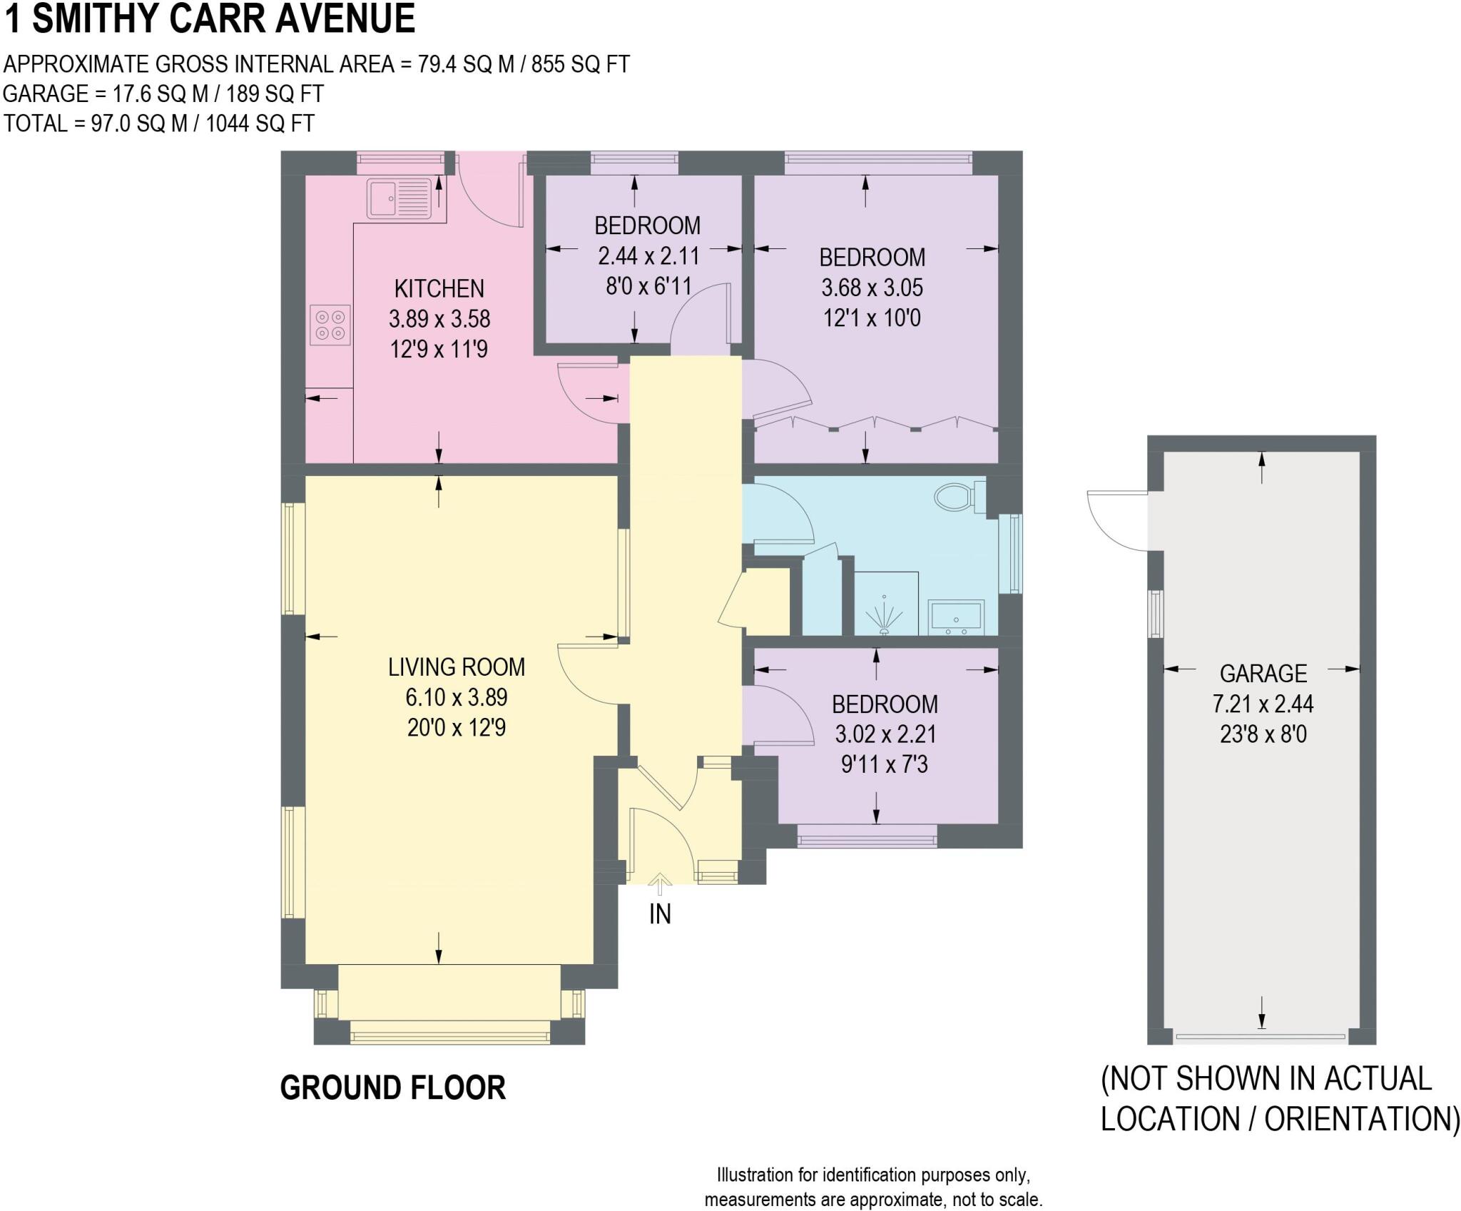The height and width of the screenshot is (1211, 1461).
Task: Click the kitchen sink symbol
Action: [399, 198]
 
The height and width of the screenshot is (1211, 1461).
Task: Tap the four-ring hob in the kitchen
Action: [330, 325]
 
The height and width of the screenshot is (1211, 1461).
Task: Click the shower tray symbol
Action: [885, 604]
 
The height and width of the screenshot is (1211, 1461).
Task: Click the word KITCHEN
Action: [439, 288]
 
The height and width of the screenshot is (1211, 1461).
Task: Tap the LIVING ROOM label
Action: [457, 667]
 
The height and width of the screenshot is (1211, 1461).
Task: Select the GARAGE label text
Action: [1263, 673]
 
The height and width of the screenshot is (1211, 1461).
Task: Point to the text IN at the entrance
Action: [660, 914]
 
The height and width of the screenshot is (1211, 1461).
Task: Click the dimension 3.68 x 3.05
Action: [872, 288]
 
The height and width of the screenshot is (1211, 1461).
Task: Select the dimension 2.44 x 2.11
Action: [648, 255]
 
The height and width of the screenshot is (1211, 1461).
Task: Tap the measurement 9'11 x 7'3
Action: [885, 765]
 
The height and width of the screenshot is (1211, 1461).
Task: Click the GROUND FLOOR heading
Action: [392, 1088]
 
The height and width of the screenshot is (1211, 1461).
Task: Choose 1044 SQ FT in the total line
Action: [260, 123]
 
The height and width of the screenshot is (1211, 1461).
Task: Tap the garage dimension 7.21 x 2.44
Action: [1263, 704]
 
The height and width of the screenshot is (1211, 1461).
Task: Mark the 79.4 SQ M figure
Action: [466, 64]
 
